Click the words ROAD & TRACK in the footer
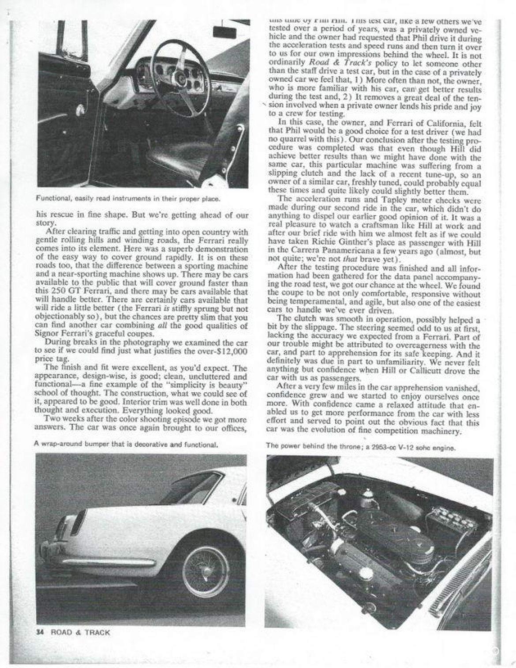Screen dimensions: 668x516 click(x=80, y=632)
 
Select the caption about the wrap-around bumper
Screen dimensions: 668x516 click(x=126, y=445)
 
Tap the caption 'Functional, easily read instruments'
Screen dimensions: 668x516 click(x=128, y=199)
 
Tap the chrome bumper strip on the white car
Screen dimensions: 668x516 click(x=110, y=562)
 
